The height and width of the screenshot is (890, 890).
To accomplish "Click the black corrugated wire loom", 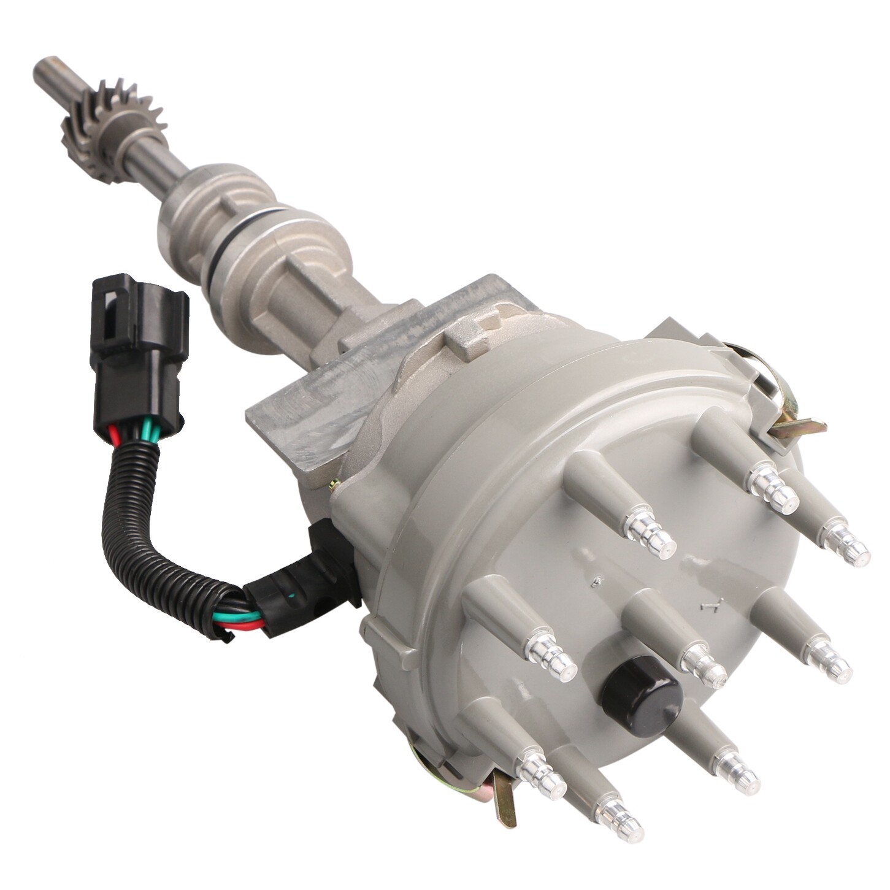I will pyautogui.click(x=147, y=521).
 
